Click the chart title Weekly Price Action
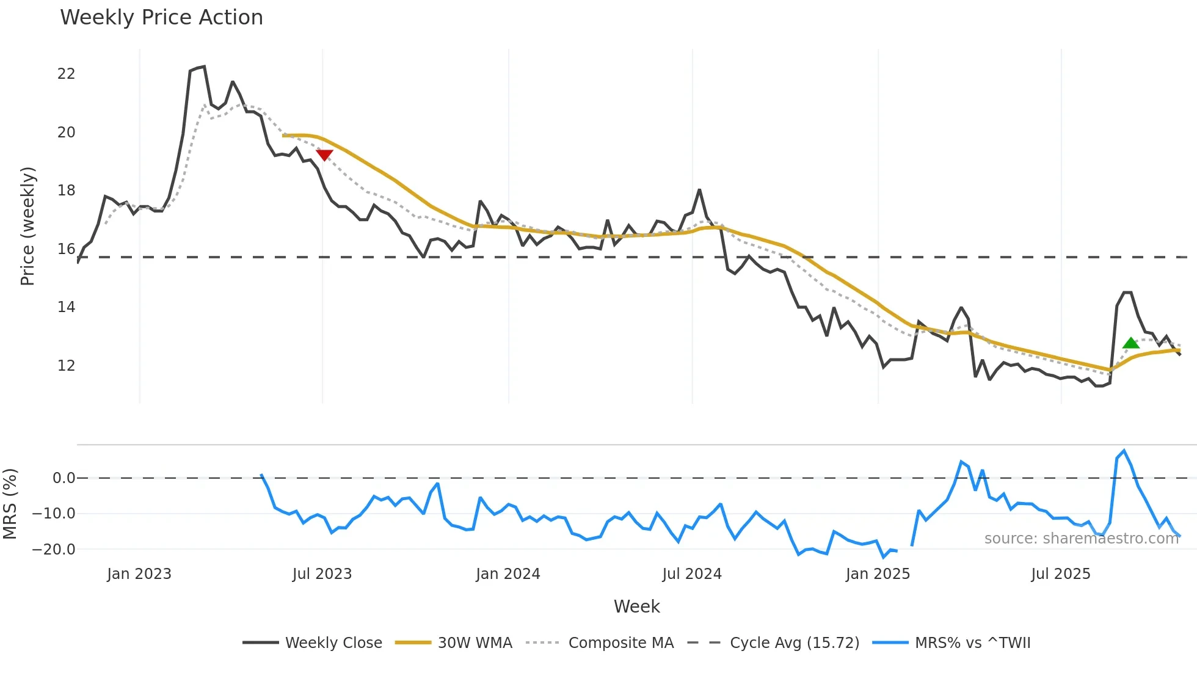click(161, 17)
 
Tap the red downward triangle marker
click(324, 155)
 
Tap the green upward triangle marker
click(1130, 343)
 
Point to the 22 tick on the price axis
click(66, 74)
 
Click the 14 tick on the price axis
click(66, 307)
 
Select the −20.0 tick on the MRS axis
click(54, 549)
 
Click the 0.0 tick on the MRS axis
click(64, 478)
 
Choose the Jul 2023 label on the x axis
click(322, 574)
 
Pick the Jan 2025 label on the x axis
click(878, 574)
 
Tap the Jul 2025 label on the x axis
click(1061, 574)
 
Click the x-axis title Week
click(636, 606)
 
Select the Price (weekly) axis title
click(27, 226)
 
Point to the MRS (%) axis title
click(10, 504)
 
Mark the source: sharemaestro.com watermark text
click(1081, 539)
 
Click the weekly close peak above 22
click(204, 67)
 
